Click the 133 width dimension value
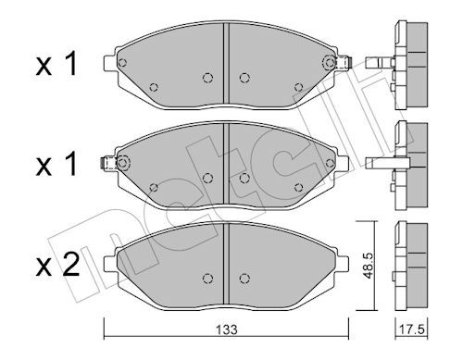226,329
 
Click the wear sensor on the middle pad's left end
109,163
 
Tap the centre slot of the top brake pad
226,63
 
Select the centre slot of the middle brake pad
226,164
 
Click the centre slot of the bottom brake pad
226,264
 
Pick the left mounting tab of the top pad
110,62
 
